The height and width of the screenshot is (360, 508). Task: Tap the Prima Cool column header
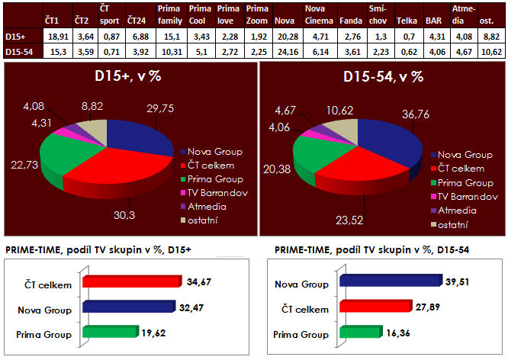(201, 15)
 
